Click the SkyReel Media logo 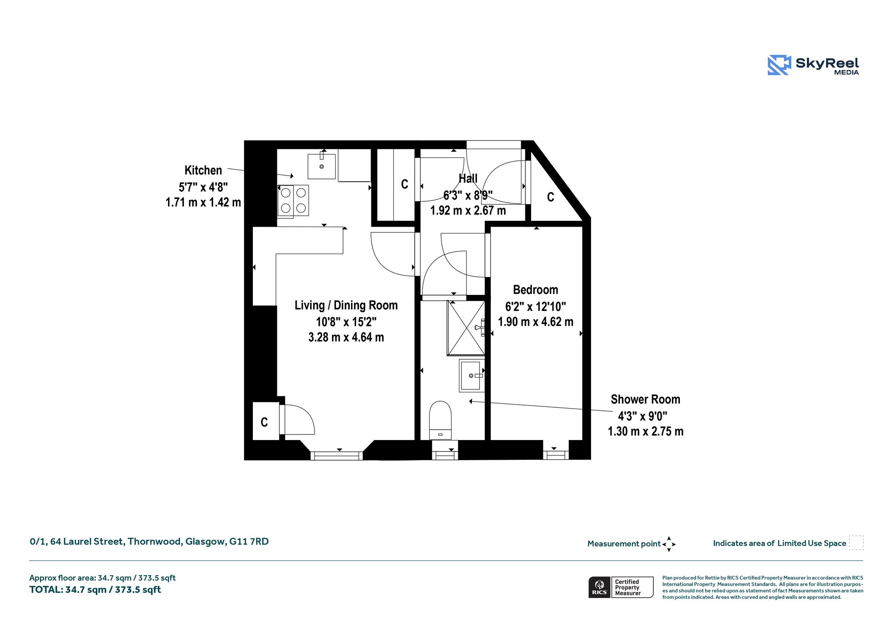(813, 65)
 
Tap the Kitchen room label (203, 170)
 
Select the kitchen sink (322, 166)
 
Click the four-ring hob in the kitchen (293, 201)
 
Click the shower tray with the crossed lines (466, 328)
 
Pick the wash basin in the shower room (471, 375)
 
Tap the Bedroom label (535, 290)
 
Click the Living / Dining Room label (346, 305)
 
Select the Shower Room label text (645, 399)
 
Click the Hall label (468, 178)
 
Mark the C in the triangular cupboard (550, 197)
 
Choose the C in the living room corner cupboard (264, 422)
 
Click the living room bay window (336, 456)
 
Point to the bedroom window (556, 455)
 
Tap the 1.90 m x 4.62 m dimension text (535, 322)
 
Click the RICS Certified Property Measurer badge (621, 587)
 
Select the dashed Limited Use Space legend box (856, 543)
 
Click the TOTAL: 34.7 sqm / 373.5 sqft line (95, 590)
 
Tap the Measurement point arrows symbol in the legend (669, 544)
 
